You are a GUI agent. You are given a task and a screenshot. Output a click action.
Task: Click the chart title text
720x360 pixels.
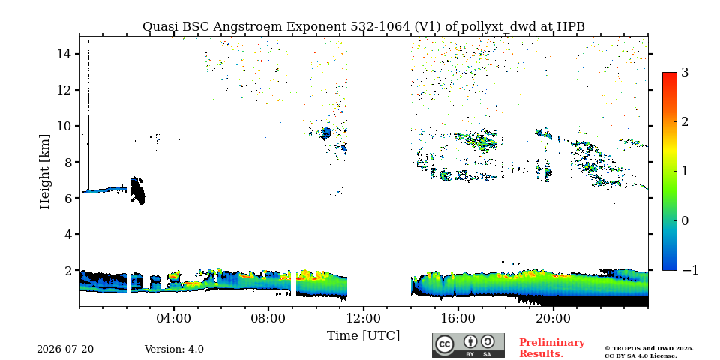tap(363, 27)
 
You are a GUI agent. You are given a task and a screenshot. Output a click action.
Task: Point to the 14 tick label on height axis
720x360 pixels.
tap(64, 54)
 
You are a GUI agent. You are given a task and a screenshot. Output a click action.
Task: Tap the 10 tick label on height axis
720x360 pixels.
tap(64, 126)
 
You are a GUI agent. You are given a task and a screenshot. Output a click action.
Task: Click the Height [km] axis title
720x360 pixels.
tap(44, 172)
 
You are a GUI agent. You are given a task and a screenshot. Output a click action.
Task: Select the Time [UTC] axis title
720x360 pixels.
tap(363, 336)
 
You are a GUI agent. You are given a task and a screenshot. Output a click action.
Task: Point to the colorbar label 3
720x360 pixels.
tap(685, 73)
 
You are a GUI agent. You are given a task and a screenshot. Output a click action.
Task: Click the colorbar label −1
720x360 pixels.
tap(690, 270)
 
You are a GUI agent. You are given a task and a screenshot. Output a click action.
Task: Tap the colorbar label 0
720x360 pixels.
tap(685, 220)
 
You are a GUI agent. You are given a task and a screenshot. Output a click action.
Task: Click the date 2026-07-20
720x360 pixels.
tap(65, 349)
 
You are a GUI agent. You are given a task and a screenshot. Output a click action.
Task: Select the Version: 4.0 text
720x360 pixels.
tap(174, 349)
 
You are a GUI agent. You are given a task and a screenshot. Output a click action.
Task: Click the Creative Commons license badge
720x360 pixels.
tap(468, 345)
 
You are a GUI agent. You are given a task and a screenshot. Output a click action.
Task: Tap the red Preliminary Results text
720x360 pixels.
tap(552, 347)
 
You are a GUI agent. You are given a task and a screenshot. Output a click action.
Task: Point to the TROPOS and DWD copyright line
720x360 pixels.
tap(649, 348)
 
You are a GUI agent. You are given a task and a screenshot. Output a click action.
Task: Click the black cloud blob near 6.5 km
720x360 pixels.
tap(137, 190)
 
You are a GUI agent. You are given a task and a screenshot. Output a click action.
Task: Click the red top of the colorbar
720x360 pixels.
tap(670, 74)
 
